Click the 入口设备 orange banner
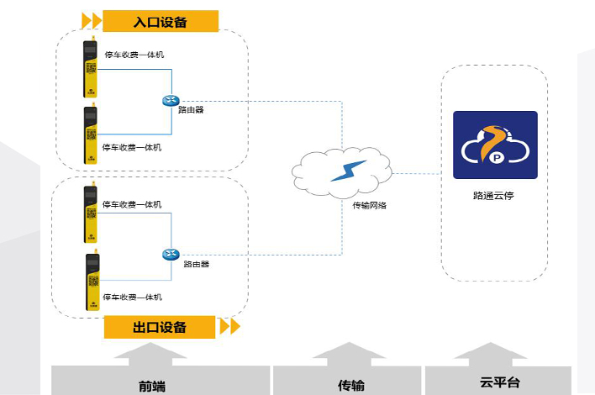coord(160,20)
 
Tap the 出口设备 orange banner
coord(160,326)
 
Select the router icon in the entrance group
coord(171,101)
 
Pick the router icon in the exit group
coord(171,255)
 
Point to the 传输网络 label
coord(370,205)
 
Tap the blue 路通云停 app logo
coord(495,145)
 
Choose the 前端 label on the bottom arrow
coord(152,387)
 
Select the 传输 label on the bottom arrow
coord(350,386)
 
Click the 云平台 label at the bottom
coord(500,383)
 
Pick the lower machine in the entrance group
coord(90,134)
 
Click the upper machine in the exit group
coord(90,214)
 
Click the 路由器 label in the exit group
coord(197,264)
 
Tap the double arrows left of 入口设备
coord(91,19)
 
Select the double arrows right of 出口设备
coord(229,326)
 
